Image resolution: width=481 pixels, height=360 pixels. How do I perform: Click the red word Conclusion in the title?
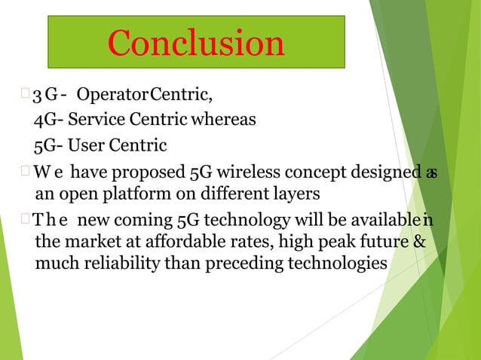pyautogui.click(x=196, y=42)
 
